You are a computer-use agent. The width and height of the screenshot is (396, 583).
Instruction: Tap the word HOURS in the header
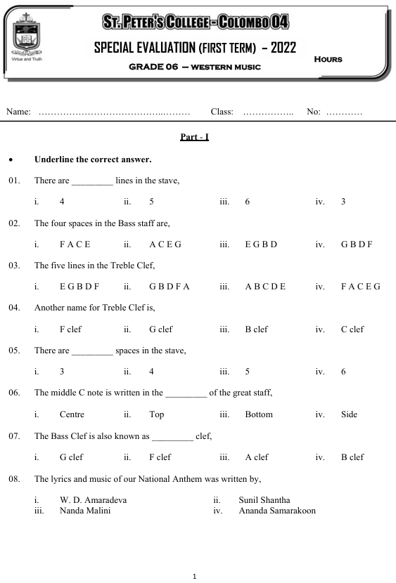pyautogui.click(x=328, y=59)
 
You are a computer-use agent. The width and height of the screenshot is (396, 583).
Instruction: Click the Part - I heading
pyautogui.click(x=195, y=137)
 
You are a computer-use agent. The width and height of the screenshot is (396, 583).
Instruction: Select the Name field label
pyautogui.click(x=18, y=112)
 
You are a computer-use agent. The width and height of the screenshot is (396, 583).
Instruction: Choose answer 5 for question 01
pyautogui.click(x=152, y=202)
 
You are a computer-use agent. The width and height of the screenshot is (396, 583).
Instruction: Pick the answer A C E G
pyautogui.click(x=165, y=244)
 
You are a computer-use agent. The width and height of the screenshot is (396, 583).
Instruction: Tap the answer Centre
pyautogui.click(x=72, y=414)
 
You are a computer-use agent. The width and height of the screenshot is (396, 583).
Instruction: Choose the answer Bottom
pyautogui.click(x=258, y=414)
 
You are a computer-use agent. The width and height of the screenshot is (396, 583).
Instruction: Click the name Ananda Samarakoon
pyautogui.click(x=277, y=511)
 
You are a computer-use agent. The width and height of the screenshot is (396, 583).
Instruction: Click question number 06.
pyautogui.click(x=14, y=393)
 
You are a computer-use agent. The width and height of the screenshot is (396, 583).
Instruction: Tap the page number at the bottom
pyautogui.click(x=195, y=576)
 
